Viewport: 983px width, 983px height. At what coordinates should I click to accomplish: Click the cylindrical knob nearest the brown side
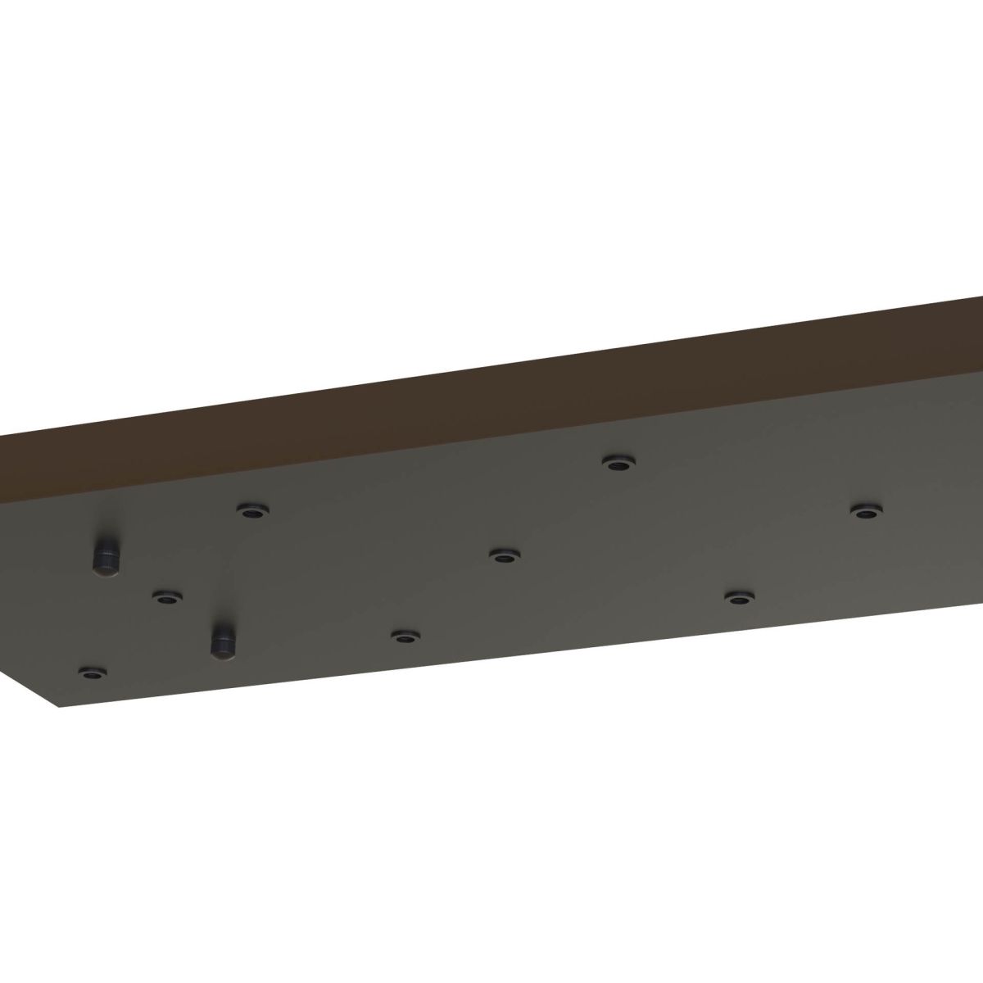click(106, 558)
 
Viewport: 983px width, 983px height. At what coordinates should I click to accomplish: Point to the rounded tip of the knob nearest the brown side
click(106, 570)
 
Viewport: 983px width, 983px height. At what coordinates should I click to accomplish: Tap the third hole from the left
click(254, 511)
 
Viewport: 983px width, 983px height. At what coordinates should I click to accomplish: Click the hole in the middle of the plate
click(503, 556)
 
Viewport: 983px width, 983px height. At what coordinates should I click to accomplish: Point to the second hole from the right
click(739, 597)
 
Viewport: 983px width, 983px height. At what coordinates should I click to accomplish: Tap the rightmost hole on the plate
click(864, 511)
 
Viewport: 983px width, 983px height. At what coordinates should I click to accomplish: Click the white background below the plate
click(491, 819)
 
